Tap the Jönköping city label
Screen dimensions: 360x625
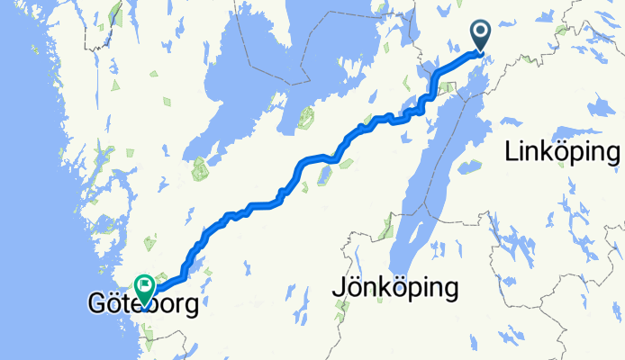point(394,289)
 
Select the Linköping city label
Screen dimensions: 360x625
point(563,153)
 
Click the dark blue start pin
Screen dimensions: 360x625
point(481,37)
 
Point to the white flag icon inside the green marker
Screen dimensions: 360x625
point(144,285)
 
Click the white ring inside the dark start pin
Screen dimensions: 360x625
point(481,34)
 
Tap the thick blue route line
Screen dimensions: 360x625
point(306,161)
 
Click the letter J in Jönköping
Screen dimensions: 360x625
point(339,288)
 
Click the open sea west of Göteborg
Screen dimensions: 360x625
point(36,270)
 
